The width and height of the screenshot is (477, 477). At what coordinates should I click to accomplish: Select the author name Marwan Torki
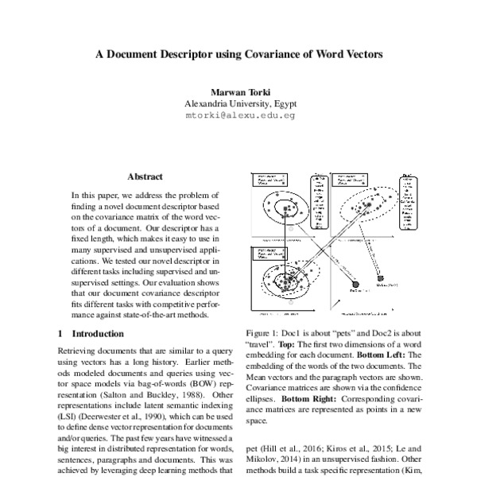pyautogui.click(x=238, y=92)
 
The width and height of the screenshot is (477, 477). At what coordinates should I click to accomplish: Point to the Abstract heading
pyautogui.click(x=145, y=176)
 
